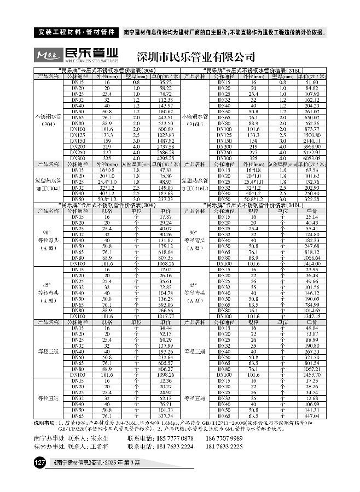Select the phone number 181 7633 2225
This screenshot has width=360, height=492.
point(224,447)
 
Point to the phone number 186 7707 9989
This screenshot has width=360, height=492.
point(224,439)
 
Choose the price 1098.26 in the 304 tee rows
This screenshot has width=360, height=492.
point(157,376)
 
